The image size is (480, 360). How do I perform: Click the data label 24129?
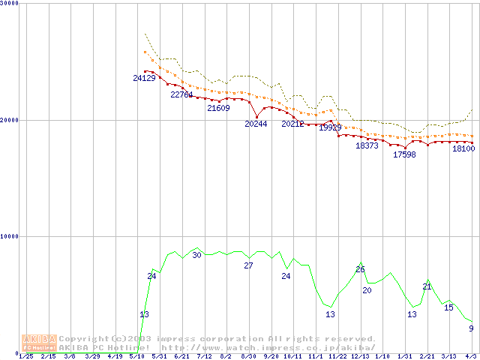click(144, 78)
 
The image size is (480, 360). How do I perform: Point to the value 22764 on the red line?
click(181, 94)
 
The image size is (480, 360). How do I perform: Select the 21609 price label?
click(218, 108)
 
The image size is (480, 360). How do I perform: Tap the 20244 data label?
click(256, 124)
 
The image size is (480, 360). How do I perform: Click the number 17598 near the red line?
click(404, 154)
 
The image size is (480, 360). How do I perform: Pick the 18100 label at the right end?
click(463, 148)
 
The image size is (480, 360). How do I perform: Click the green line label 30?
click(196, 255)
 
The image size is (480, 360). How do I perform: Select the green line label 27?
click(248, 265)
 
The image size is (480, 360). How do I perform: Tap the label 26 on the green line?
click(360, 269)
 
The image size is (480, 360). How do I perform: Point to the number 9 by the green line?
click(471, 328)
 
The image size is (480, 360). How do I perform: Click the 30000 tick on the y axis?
click(10, 3)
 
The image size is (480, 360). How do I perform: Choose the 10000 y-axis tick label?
click(10, 236)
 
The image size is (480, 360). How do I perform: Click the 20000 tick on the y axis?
click(10, 120)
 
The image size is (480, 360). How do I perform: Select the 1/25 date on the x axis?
click(25, 356)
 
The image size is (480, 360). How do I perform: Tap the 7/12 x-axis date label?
click(203, 356)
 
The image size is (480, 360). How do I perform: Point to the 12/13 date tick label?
click(360, 356)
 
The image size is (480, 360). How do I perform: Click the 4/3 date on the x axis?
click(471, 356)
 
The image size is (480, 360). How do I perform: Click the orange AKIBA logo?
click(39, 343)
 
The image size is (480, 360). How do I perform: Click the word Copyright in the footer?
click(84, 338)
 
